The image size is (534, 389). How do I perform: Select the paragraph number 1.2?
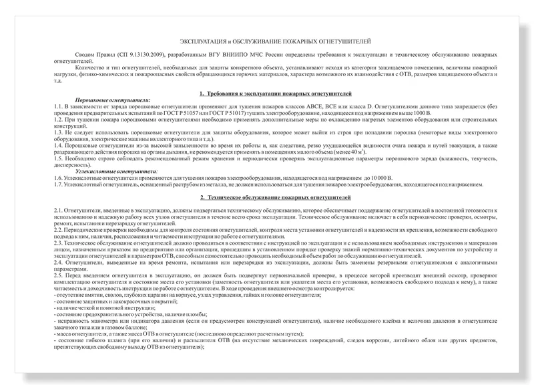pos(59,119)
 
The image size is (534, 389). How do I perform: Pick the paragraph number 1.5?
pos(59,157)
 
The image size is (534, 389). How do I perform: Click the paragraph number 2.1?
pos(59,211)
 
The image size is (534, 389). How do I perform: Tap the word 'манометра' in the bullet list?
pos(96,320)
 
